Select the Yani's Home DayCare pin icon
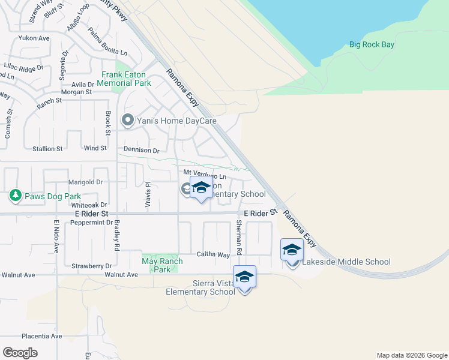pos(127,121)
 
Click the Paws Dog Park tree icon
pos(15,196)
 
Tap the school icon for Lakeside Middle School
pos(292,250)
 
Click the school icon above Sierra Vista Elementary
pos(244,277)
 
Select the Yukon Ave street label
pos(34,38)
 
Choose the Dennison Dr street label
pos(142,151)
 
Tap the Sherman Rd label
pos(239,235)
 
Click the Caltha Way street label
pos(213,255)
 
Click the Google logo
pos(20,353)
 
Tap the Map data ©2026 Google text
pos(411,355)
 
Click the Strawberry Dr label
pos(92,266)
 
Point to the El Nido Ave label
pos(56,236)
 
